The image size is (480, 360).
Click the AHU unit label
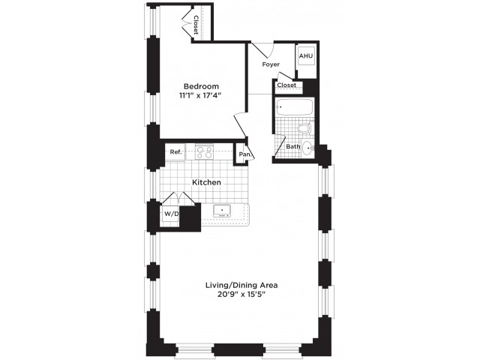coord(306,56)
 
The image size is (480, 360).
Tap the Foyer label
coord(271,64)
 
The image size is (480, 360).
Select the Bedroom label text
coord(201,86)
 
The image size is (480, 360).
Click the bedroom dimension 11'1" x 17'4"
coord(200,95)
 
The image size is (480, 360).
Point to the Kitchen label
coord(206,182)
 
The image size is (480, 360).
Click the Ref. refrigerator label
coord(176,151)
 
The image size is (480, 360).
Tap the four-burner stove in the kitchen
coord(205,152)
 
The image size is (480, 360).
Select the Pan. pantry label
coord(245,154)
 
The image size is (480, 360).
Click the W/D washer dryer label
coord(171,214)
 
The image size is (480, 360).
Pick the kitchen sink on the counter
coord(222,211)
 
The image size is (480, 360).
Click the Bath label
coord(293,147)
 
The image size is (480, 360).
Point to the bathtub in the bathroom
coord(294,107)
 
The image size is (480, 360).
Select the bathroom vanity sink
coord(307,148)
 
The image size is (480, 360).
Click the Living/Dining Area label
coord(241,286)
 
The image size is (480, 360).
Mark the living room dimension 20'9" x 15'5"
coord(241,295)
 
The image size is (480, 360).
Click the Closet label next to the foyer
coord(286,85)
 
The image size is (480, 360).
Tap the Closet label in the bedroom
coord(196,25)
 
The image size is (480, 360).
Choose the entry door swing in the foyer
coord(262,50)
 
